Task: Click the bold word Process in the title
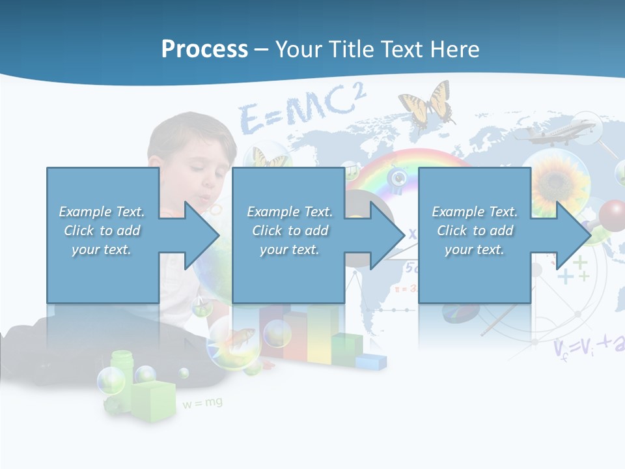click(204, 50)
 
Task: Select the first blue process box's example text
click(102, 231)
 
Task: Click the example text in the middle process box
click(290, 231)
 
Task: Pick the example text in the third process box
click(475, 231)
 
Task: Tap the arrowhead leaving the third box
click(572, 235)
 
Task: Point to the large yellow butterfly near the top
click(426, 104)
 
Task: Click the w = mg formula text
click(202, 403)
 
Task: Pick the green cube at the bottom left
click(154, 401)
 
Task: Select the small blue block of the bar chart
click(370, 361)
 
